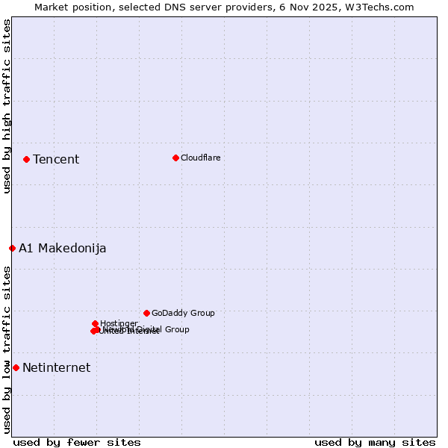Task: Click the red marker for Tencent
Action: (26, 159)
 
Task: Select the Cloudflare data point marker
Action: (175, 158)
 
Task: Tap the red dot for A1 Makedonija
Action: (12, 248)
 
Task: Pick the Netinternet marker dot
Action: (16, 367)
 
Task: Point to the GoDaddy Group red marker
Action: (146, 313)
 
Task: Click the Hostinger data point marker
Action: (95, 323)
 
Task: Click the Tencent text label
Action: (56, 159)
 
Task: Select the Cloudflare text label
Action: (200, 158)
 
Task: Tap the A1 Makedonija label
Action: (62, 248)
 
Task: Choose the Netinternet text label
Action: (56, 367)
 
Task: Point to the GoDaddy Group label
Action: (183, 313)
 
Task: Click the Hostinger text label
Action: (119, 323)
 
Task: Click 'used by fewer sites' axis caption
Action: (77, 442)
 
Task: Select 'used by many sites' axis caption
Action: (375, 442)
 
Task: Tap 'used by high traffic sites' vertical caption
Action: (7, 106)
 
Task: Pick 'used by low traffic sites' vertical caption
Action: (7, 349)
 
